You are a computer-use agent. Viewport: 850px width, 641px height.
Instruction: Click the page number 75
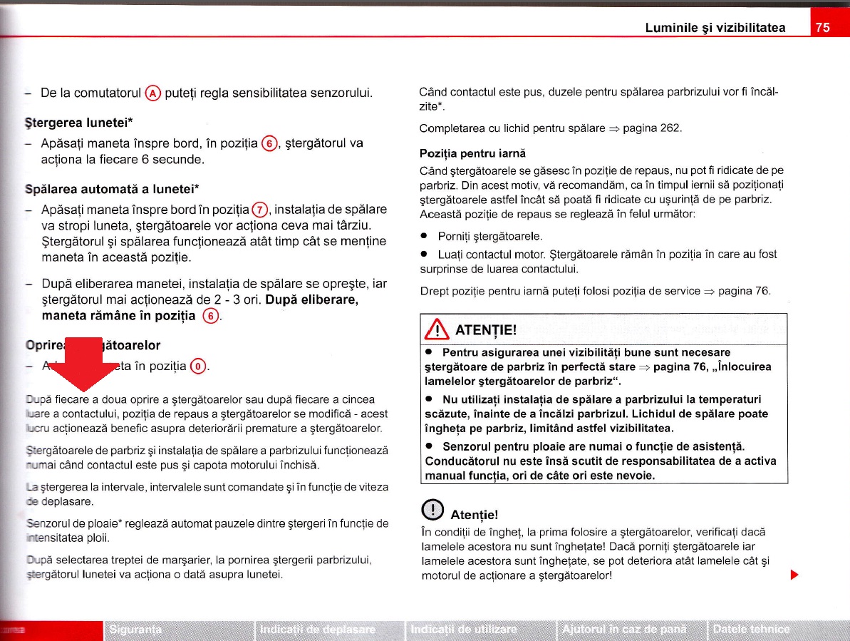coord(822,28)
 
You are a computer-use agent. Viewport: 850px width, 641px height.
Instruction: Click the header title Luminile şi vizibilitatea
coord(715,28)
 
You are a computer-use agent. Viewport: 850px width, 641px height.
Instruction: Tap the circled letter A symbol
coord(152,93)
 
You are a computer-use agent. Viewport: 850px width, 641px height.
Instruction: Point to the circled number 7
coord(261,210)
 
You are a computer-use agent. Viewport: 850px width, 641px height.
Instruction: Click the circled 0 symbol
coord(199,368)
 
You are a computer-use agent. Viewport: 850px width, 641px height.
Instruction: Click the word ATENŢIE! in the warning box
coord(484,332)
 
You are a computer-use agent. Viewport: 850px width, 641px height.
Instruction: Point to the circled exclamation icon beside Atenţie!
coord(431,511)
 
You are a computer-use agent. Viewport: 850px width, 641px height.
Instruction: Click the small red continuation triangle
coord(793,574)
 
